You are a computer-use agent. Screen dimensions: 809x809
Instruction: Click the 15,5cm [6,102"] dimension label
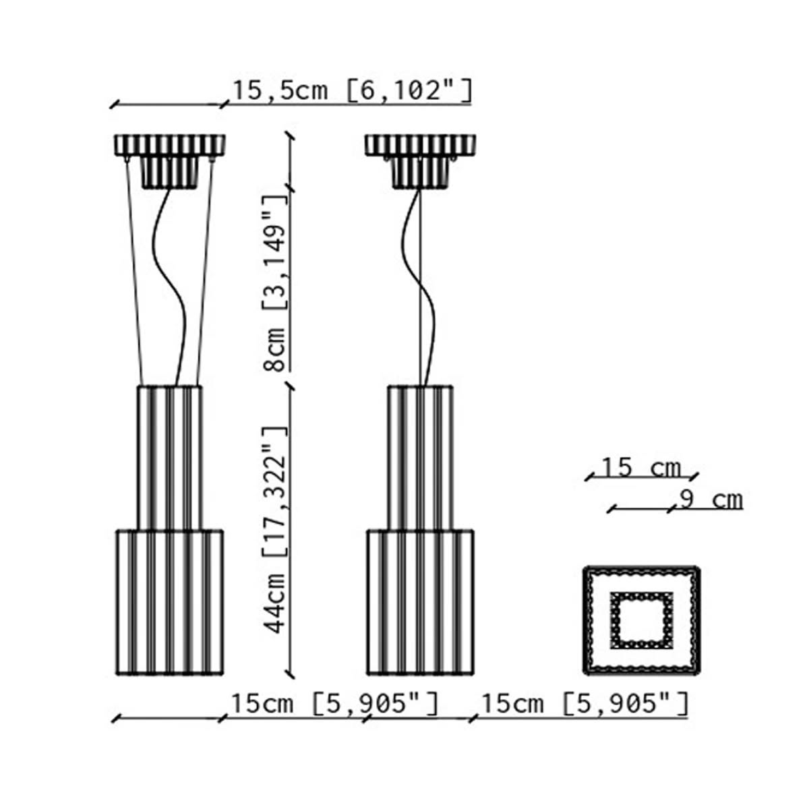point(353,90)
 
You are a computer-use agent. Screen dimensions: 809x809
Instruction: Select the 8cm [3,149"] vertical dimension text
point(274,284)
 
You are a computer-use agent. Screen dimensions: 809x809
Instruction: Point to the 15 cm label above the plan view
point(641,468)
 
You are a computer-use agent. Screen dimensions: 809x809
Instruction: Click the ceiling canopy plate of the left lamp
point(170,145)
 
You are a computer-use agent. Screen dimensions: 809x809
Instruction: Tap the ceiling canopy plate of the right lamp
point(420,145)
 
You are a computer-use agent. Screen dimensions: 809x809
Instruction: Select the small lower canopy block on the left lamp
point(170,173)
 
